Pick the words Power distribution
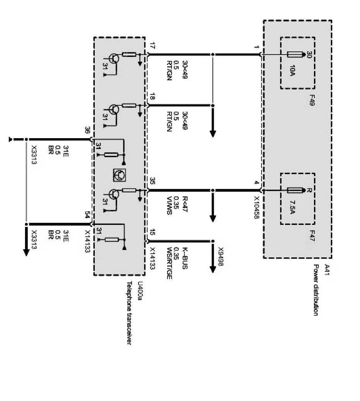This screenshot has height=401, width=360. [x=316, y=290]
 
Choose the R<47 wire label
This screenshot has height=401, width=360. [x=184, y=206]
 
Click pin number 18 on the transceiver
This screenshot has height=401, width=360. [x=151, y=99]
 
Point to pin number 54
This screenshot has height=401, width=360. [x=87, y=215]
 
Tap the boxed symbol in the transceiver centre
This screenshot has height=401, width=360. [x=119, y=175]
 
